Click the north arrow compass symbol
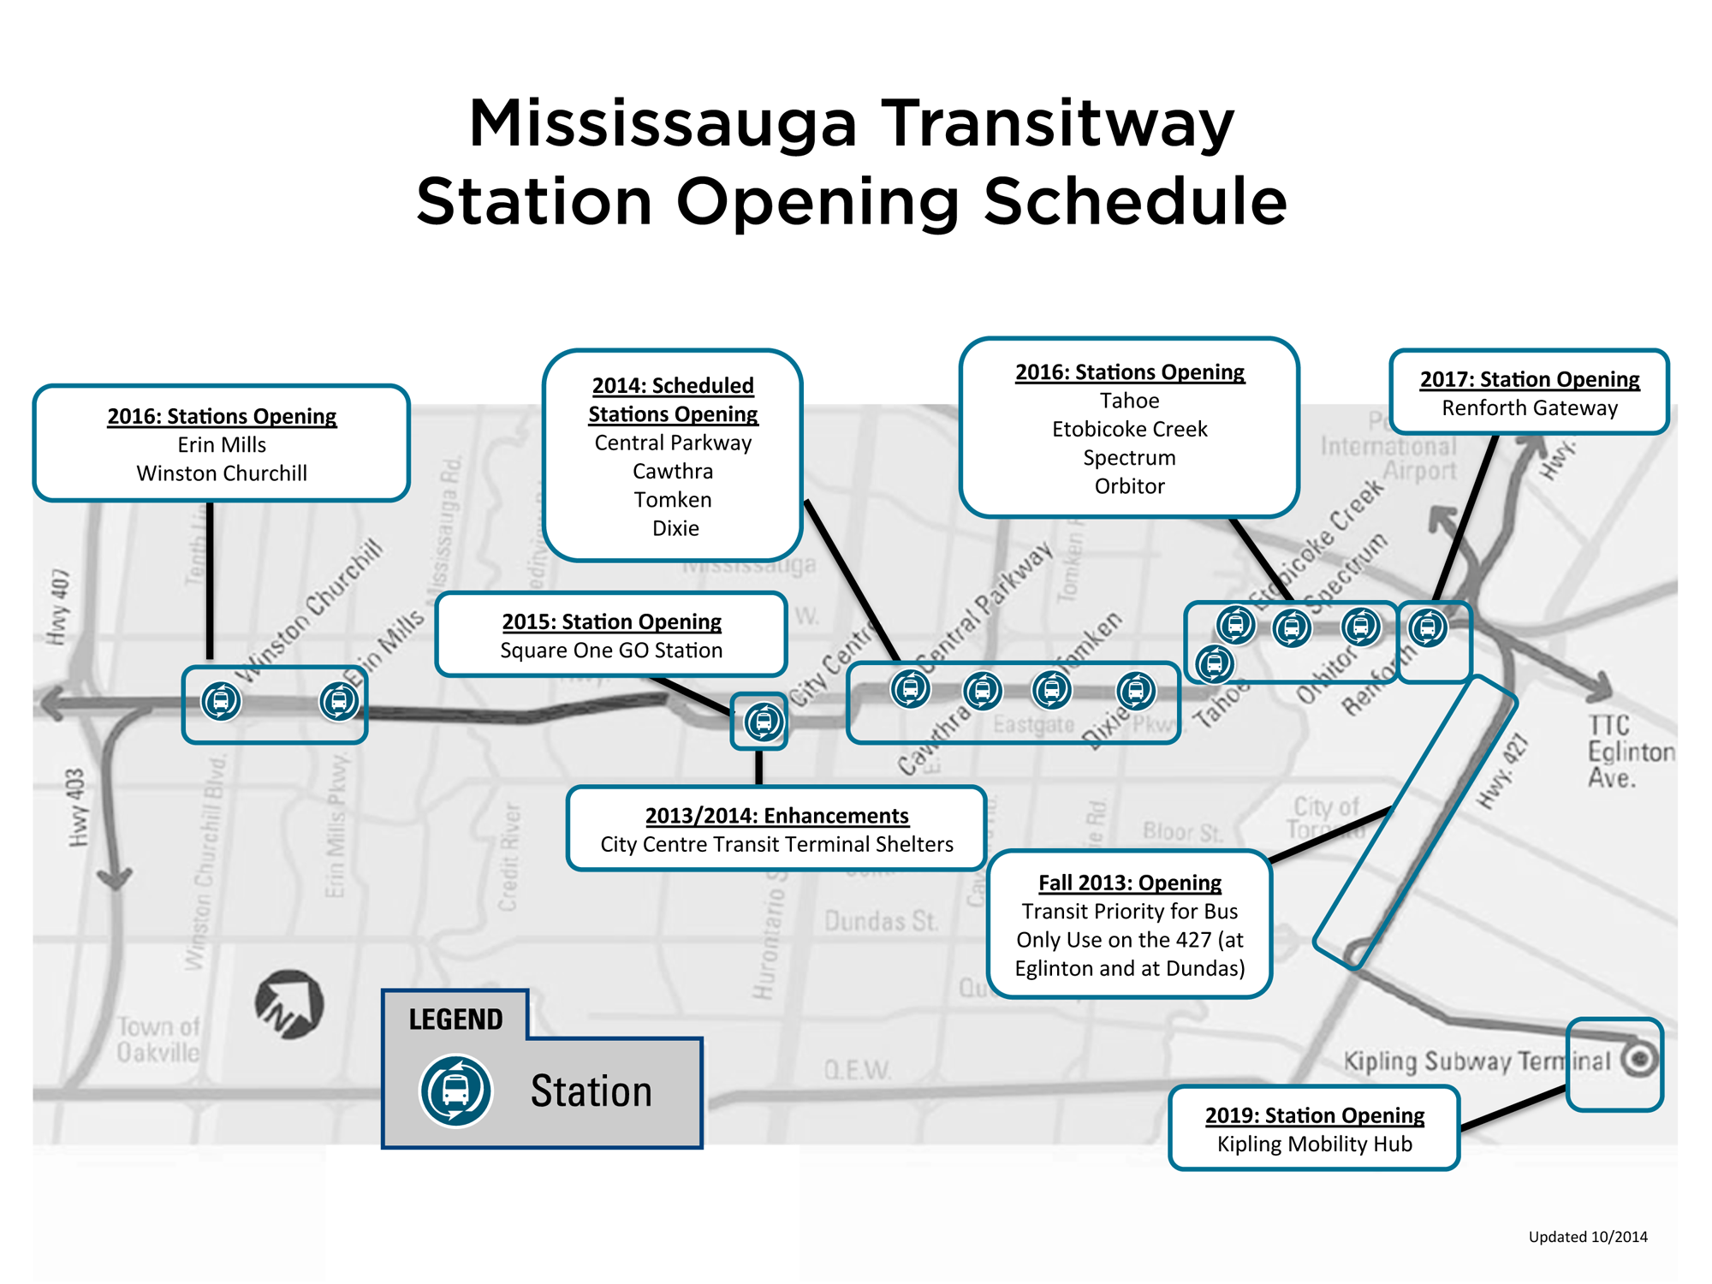coord(289,1004)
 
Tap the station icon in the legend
coord(455,1091)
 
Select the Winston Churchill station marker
coord(221,701)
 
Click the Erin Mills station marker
coord(339,701)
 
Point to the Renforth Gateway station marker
coord(1428,627)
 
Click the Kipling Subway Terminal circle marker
coord(1639,1060)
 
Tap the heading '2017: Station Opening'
coord(1530,379)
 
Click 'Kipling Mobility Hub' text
coord(1314,1144)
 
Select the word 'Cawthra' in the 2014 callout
coord(673,472)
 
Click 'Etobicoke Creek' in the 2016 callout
coord(1129,429)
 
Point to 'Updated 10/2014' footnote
coord(1588,1237)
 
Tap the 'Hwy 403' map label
coord(77,807)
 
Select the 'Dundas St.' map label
coord(881,922)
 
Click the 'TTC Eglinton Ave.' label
coord(1628,752)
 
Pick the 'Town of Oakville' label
coord(158,1039)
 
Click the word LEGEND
coord(455,1019)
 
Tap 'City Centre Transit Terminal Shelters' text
coord(776,845)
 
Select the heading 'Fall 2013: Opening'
coord(1129,883)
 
